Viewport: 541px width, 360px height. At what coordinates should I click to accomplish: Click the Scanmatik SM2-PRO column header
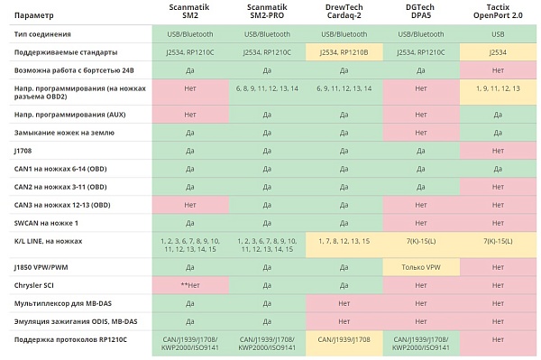[267, 12]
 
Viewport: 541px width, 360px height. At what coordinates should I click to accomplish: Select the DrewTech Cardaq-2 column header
[344, 12]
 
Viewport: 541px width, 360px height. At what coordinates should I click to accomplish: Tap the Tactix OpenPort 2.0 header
[498, 12]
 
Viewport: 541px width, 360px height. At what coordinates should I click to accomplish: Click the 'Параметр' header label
[34, 15]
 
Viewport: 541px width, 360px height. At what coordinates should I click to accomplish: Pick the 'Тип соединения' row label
[42, 34]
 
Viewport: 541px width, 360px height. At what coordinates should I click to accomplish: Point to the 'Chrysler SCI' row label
[34, 285]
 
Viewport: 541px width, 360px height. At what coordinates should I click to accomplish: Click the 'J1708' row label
[23, 151]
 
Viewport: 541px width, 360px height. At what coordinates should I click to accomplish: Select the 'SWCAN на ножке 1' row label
[46, 223]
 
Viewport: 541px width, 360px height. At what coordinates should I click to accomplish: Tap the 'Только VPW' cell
[421, 267]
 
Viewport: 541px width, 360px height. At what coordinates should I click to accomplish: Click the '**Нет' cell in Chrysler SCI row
[190, 285]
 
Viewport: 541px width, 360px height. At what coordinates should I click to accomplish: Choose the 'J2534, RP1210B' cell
[344, 52]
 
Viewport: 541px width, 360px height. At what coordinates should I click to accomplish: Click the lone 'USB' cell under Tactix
[498, 34]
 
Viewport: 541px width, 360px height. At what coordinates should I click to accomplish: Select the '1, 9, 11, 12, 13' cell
[498, 88]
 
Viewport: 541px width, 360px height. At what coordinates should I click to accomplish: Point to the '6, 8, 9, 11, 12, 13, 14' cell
[267, 88]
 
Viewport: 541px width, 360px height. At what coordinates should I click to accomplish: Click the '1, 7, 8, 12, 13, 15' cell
[344, 241]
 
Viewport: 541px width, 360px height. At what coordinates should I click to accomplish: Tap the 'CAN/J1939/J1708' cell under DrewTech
[344, 339]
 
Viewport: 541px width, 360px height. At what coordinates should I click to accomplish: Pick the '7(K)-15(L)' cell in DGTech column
[421, 241]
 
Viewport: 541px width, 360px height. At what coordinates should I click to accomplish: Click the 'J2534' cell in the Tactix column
[498, 52]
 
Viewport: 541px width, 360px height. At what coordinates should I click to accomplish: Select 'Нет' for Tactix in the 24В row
[498, 70]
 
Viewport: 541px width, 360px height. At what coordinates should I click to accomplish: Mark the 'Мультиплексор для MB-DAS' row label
[63, 304]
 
